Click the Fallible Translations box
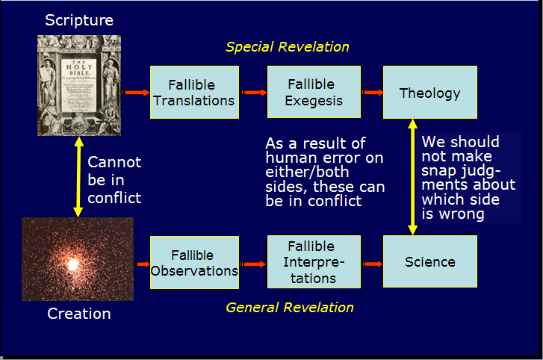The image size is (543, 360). (193, 92)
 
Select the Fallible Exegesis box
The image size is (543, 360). (314, 92)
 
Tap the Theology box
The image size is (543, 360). (429, 93)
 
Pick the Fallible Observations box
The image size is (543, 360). (193, 262)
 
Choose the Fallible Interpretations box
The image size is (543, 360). (314, 262)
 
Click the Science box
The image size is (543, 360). (429, 262)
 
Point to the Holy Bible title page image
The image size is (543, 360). (78, 86)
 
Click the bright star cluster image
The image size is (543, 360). (78, 259)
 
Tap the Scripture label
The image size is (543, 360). (78, 20)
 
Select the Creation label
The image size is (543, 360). (78, 314)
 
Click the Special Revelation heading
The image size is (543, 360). (288, 47)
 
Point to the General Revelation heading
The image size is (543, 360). (290, 307)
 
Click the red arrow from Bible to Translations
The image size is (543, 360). (136, 93)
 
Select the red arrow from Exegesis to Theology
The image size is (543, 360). (371, 93)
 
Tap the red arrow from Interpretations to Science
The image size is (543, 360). (371, 263)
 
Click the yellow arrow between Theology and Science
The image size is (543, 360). (412, 177)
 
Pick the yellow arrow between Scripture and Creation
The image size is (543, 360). (76, 177)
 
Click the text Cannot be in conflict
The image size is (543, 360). (114, 180)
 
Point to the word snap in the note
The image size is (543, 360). (438, 171)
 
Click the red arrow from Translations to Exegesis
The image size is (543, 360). (252, 93)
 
